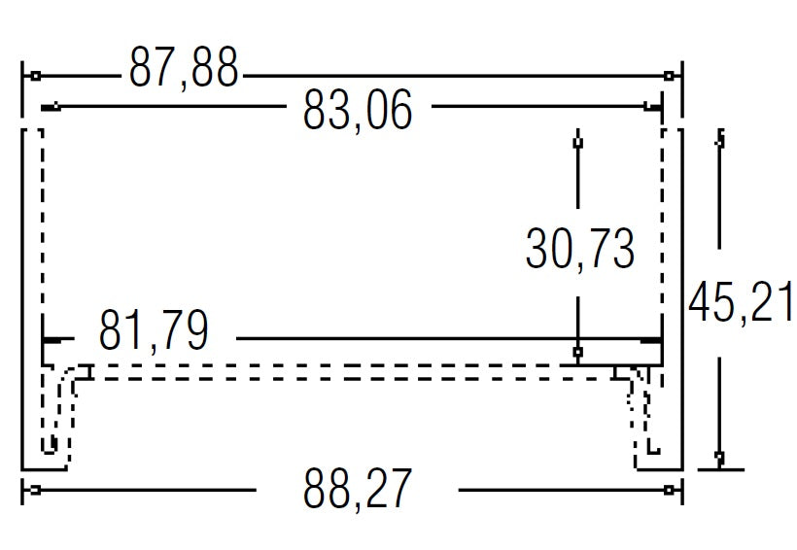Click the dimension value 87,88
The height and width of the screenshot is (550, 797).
[183, 69]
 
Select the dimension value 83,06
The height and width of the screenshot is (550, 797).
[358, 110]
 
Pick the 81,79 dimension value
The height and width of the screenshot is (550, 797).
[154, 332]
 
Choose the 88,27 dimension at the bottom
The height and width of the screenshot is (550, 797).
[357, 489]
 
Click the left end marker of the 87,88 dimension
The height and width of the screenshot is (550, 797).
[34, 75]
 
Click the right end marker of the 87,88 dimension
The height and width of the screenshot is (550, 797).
[668, 75]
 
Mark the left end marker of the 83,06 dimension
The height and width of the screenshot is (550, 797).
[57, 106]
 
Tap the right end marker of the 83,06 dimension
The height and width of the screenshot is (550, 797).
[648, 106]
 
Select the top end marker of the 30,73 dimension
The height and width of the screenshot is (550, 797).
[577, 143]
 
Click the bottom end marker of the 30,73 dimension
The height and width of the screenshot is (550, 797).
[577, 351]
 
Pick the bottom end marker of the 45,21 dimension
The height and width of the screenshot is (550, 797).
[719, 456]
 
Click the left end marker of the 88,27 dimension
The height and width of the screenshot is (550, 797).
[34, 490]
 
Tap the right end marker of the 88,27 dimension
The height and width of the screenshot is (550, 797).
[669, 490]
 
